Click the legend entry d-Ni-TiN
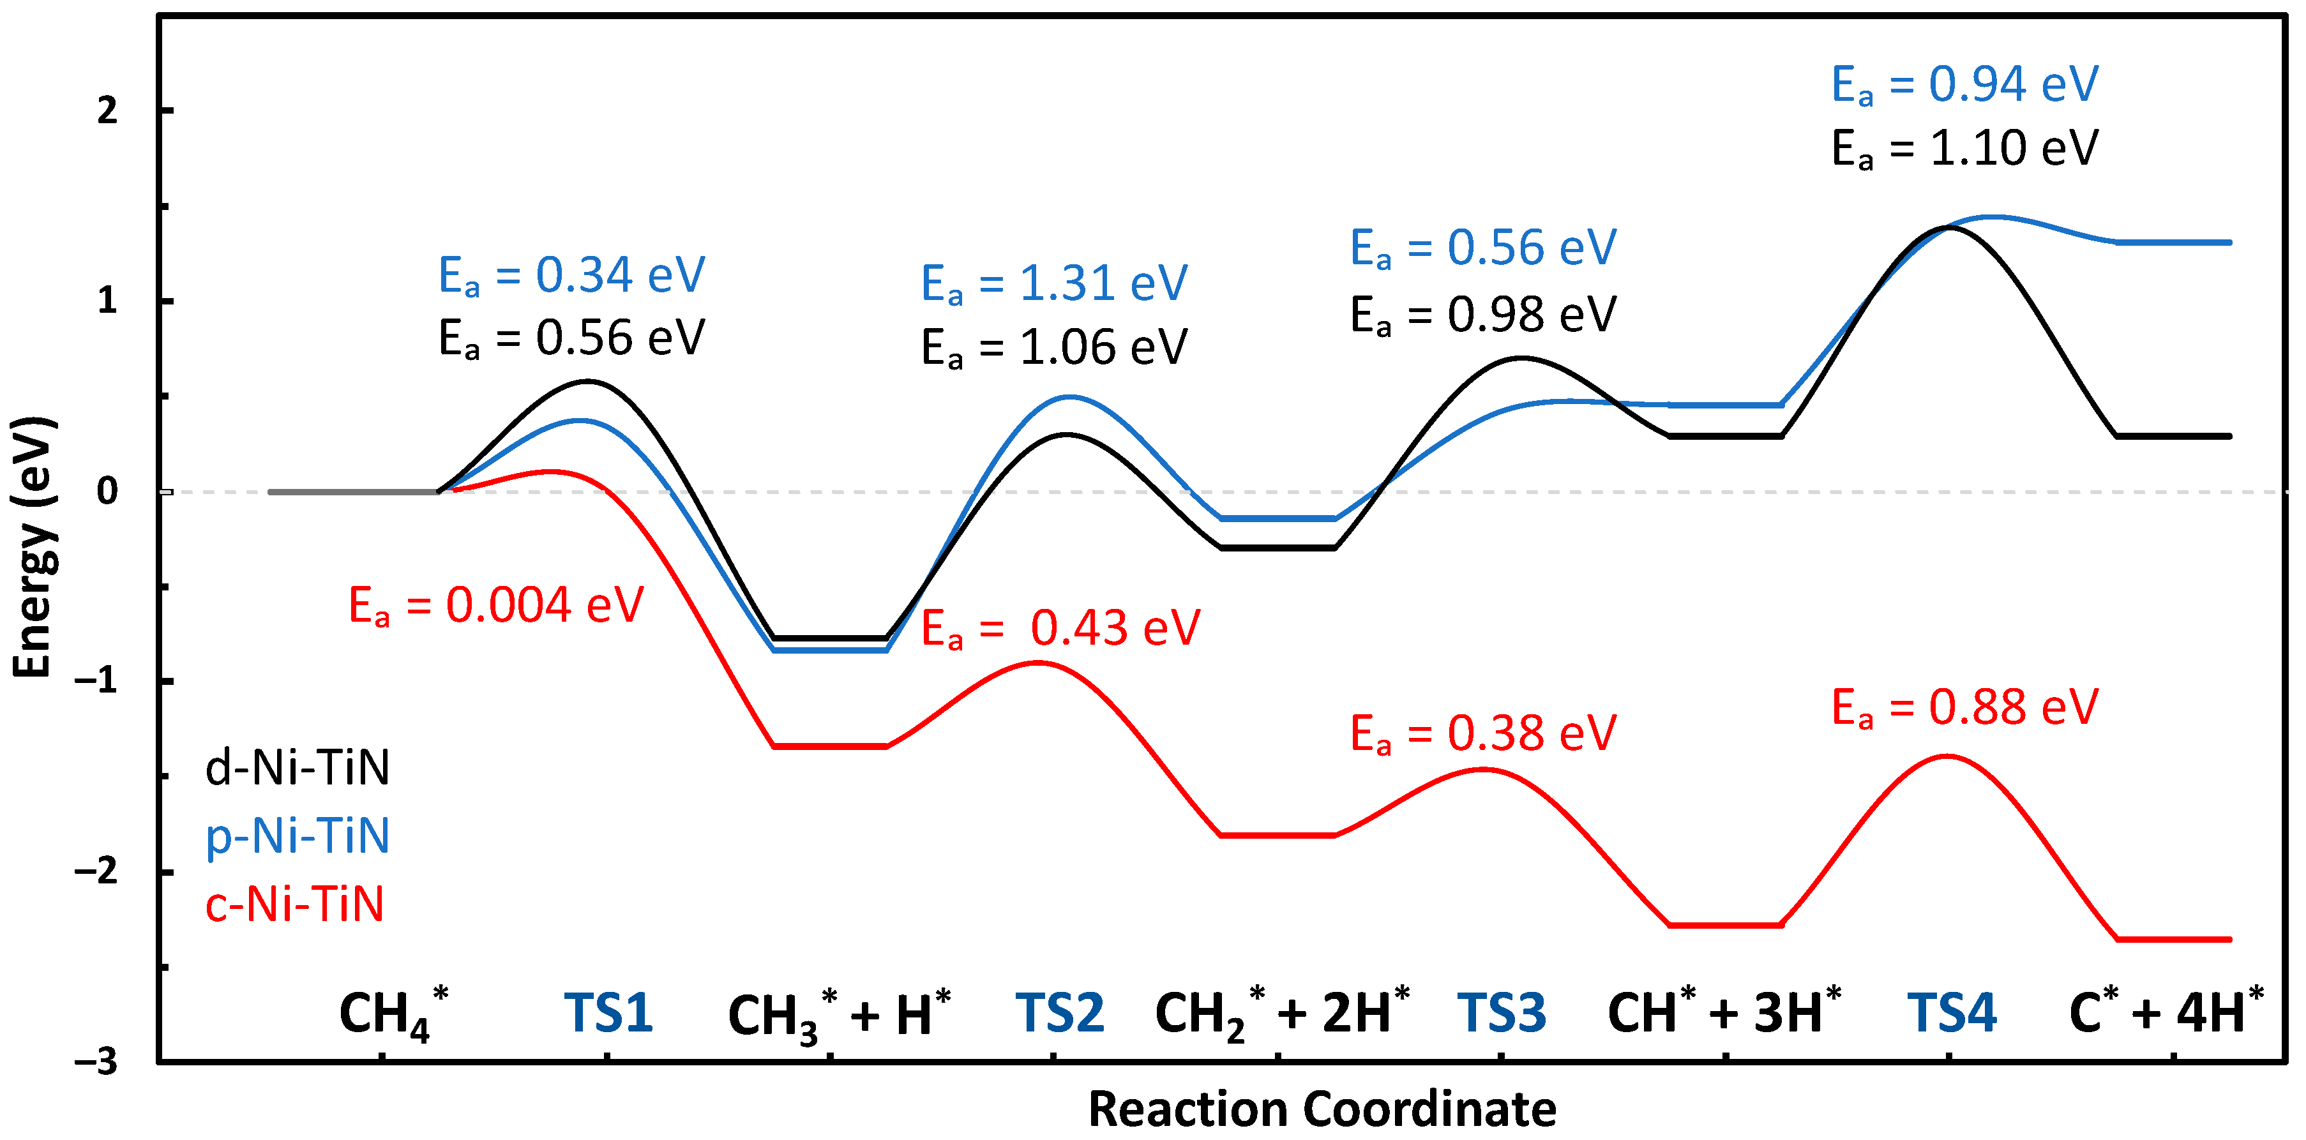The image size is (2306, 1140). [x=298, y=769]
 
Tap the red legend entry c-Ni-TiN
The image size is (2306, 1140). [x=294, y=904]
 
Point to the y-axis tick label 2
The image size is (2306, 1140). [x=107, y=111]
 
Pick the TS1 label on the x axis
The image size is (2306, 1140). [x=608, y=1014]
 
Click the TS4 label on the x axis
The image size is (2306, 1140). [x=1952, y=1014]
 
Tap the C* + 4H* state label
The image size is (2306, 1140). [x=2166, y=1014]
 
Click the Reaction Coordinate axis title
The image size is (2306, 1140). [x=1322, y=1109]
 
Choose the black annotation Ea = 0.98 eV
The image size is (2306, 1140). [x=1482, y=315]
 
